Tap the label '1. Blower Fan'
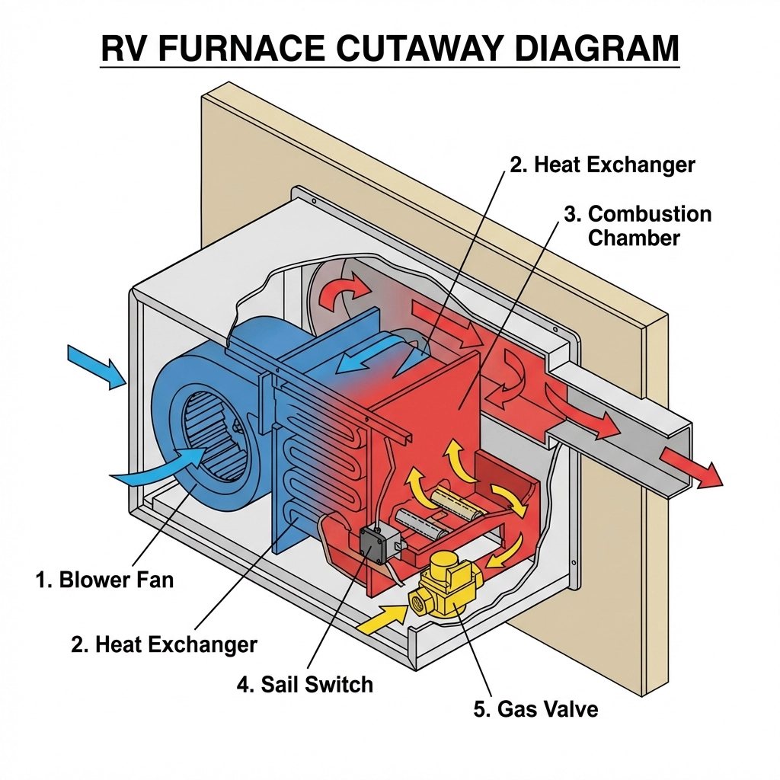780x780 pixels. (104, 580)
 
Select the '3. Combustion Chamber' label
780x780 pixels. (638, 225)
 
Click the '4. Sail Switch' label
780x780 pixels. (305, 683)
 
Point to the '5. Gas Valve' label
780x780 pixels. (535, 709)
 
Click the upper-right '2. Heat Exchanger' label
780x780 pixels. (602, 165)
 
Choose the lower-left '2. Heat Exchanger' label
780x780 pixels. (164, 644)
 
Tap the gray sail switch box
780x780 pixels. (374, 542)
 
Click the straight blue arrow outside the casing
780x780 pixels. (97, 365)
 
